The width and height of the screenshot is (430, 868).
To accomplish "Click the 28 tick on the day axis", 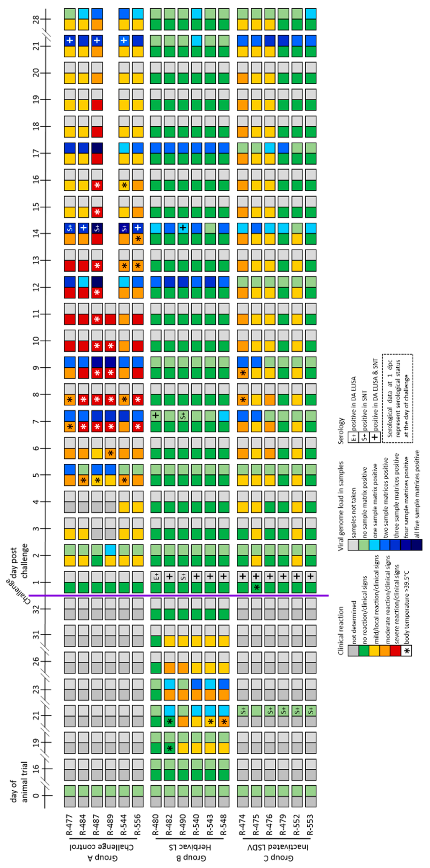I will coord(36,19).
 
